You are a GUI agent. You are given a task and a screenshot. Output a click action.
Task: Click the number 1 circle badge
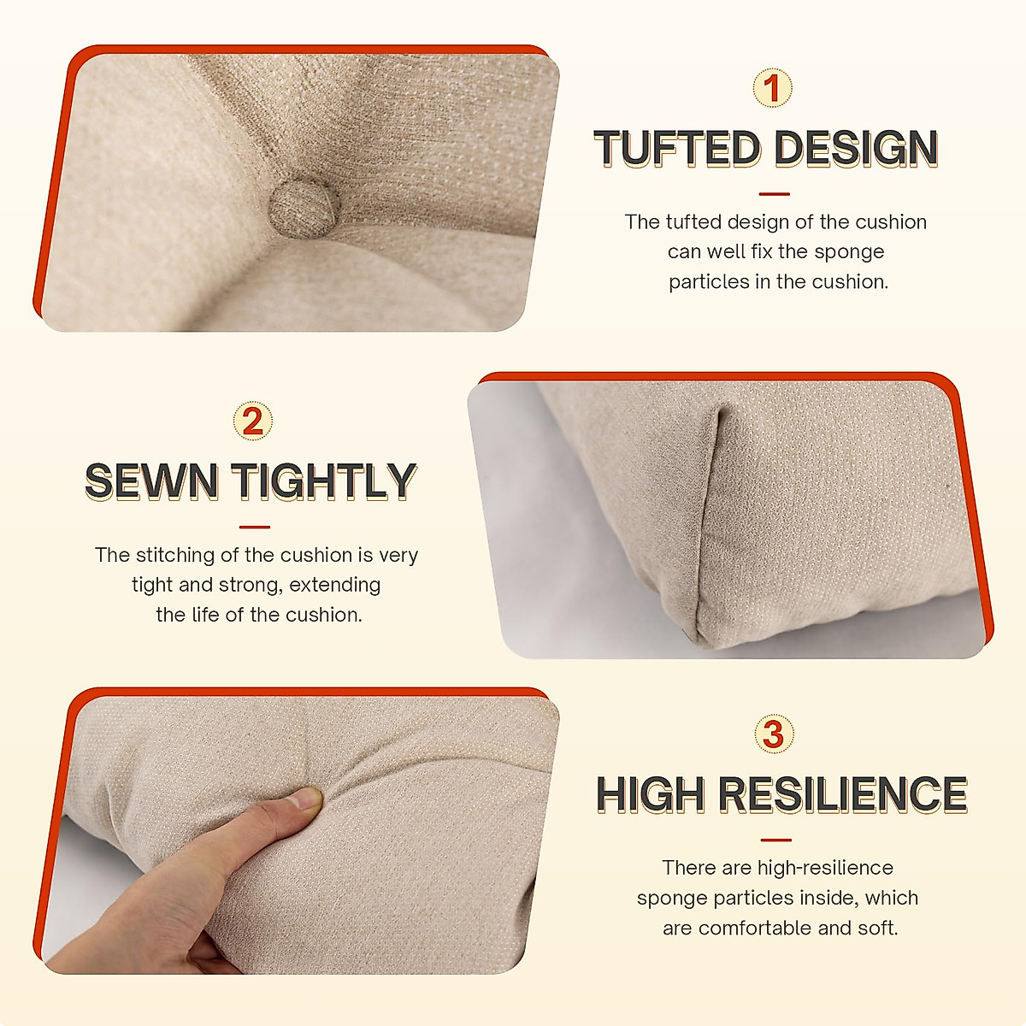[773, 88]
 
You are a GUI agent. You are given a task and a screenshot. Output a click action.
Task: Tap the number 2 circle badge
[253, 422]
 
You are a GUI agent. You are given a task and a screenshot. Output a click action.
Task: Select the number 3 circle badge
[774, 734]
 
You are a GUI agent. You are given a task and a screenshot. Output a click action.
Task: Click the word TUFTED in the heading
[676, 150]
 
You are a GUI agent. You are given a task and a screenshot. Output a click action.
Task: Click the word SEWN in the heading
[150, 481]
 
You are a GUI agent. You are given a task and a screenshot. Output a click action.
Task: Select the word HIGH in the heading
[651, 795]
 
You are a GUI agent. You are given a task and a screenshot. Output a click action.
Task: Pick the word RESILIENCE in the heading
[842, 795]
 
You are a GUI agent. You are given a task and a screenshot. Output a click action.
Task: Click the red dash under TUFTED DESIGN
[774, 194]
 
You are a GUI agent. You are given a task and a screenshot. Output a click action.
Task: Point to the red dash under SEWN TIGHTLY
[254, 528]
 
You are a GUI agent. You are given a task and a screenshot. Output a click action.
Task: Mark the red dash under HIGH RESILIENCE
[775, 840]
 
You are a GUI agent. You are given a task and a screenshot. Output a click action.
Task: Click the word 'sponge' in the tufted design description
[849, 252]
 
